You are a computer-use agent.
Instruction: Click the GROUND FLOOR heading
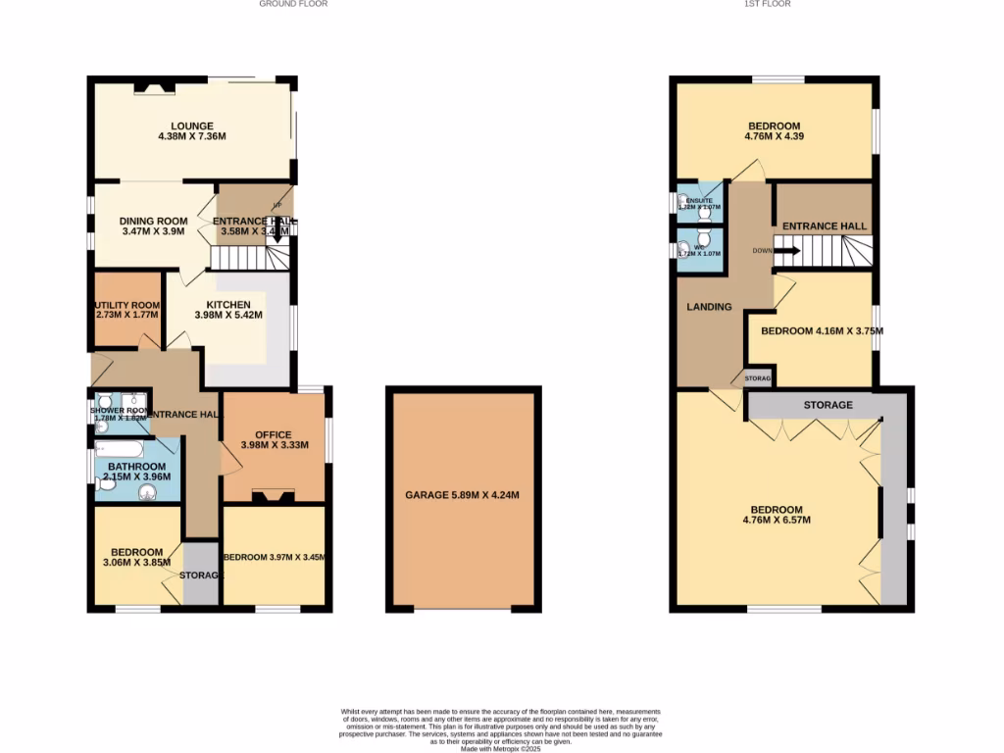point(293,4)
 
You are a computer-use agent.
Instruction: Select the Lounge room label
point(192,131)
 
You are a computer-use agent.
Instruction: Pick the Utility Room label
point(126,310)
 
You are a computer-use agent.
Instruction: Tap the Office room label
point(275,439)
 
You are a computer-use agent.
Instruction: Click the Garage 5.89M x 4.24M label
point(462,495)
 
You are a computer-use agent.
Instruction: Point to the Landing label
point(709,307)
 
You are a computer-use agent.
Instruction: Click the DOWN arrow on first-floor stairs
point(787,251)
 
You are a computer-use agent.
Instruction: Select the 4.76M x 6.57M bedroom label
point(777,514)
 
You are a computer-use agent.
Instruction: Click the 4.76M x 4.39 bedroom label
point(774,131)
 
